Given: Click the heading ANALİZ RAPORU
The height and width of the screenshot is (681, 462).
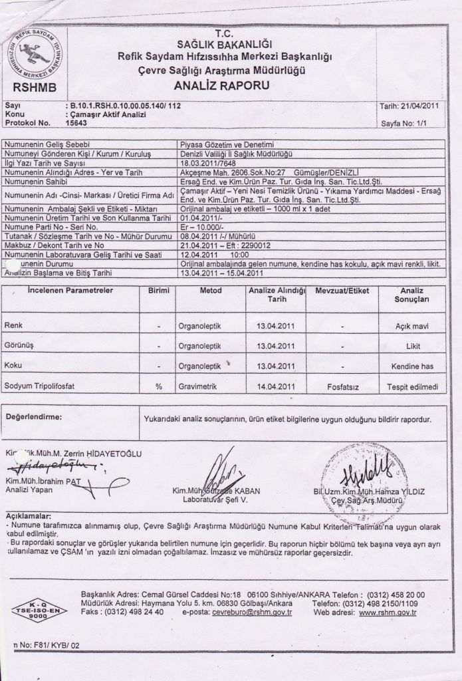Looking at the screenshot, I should (x=221, y=86).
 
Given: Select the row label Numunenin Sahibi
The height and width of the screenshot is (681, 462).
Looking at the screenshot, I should (x=37, y=180).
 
